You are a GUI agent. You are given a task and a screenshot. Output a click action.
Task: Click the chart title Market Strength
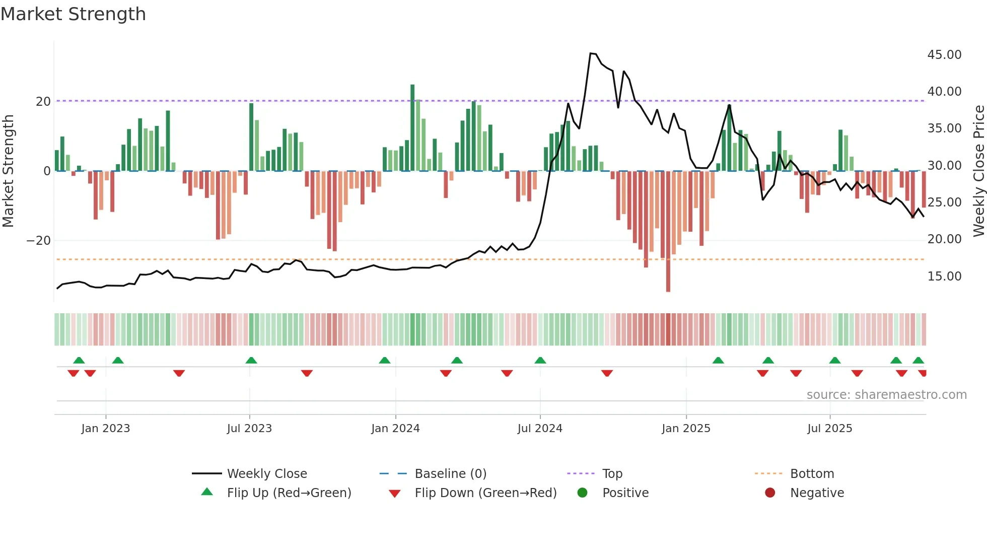pyautogui.click(x=73, y=14)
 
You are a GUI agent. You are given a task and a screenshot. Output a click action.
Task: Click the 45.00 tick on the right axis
pyautogui.click(x=944, y=54)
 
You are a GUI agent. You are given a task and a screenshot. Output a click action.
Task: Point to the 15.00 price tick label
pyautogui.click(x=944, y=276)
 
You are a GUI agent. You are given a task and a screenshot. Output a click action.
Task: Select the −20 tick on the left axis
pyautogui.click(x=39, y=240)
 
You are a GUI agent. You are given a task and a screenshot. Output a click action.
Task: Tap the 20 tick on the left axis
pyautogui.click(x=43, y=101)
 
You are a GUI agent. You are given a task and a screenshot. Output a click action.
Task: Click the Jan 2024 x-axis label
pyautogui.click(x=395, y=429)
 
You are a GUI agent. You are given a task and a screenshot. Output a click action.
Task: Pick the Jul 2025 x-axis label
pyautogui.click(x=829, y=429)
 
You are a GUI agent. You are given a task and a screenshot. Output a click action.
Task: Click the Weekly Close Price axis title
pyautogui.click(x=978, y=171)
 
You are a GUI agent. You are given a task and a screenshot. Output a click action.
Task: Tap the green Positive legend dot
pyautogui.click(x=582, y=493)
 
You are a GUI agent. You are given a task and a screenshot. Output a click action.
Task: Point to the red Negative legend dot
pyautogui.click(x=769, y=493)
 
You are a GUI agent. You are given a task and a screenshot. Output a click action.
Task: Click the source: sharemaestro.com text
pyautogui.click(x=886, y=395)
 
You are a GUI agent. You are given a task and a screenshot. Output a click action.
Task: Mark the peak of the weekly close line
pyautogui.click(x=591, y=53)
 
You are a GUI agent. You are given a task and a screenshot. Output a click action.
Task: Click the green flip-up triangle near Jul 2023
pyautogui.click(x=251, y=360)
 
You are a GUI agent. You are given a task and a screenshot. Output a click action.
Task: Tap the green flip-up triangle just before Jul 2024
pyautogui.click(x=540, y=360)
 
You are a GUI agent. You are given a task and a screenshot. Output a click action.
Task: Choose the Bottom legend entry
pyautogui.click(x=812, y=474)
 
